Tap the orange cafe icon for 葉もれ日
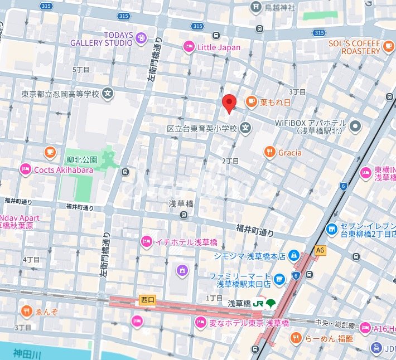coord(251,101)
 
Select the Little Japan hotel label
coord(219,47)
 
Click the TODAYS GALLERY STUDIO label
coord(102,38)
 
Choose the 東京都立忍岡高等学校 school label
coord(60,94)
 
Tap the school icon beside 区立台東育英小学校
coord(245,129)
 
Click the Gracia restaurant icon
coord(270,152)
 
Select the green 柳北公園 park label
coord(81,159)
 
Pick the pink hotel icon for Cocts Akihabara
coord(25,170)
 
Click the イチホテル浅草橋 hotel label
coord(186,242)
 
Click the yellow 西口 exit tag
coord(147,300)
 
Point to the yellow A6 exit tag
coord(320,250)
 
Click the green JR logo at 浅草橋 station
coord(258,304)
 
